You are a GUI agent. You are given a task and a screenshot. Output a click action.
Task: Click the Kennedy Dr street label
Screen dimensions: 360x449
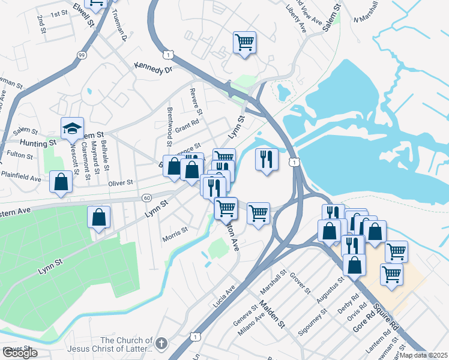click(153, 68)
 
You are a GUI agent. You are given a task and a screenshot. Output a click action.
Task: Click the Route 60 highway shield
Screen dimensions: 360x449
click(147, 197)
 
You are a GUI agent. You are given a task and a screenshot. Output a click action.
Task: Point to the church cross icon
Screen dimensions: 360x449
click(160, 343)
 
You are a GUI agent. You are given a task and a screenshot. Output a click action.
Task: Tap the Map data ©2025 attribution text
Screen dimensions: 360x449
click(424, 355)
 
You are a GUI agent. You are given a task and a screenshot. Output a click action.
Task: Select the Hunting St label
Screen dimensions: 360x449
click(37, 143)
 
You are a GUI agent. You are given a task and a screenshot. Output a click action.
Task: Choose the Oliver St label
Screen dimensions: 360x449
click(121, 182)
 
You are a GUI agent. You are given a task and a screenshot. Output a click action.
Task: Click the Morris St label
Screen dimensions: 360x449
click(176, 233)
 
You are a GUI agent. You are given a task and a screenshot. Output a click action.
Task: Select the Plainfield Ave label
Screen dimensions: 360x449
click(20, 179)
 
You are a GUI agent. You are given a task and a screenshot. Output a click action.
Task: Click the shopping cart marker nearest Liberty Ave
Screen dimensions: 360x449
click(244, 43)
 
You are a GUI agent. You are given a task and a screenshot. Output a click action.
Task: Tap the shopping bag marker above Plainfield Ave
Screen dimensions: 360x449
click(61, 182)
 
